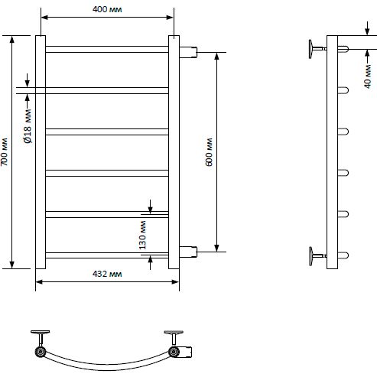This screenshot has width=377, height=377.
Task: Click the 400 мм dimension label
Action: (107, 9)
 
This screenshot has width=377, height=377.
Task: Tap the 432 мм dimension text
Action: (107, 274)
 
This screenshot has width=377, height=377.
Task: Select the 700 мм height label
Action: (5, 152)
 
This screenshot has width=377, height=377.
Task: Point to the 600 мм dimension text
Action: (209, 152)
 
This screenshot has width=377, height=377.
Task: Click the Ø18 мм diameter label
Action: (28, 126)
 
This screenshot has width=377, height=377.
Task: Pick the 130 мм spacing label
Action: (142, 235)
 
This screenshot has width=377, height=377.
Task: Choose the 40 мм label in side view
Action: (368, 76)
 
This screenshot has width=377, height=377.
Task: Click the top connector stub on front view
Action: (188, 52)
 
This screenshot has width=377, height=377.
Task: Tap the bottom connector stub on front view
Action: (188, 252)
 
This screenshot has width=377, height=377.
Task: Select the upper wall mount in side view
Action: (317, 49)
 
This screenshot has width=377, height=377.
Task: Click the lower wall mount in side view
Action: (317, 256)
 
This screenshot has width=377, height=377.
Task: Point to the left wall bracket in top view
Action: (41, 338)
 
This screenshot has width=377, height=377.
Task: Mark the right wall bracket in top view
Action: (174, 338)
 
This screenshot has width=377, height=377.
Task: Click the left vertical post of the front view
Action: (41, 152)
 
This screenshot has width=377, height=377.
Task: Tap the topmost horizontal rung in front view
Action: (107, 49)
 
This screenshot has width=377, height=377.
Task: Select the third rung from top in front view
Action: (107, 132)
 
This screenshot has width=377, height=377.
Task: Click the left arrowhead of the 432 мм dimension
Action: (39, 282)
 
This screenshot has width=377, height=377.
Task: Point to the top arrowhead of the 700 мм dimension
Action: (11, 39)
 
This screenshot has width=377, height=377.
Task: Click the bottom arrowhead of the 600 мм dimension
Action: (216, 249)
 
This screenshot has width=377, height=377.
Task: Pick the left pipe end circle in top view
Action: (41, 352)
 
